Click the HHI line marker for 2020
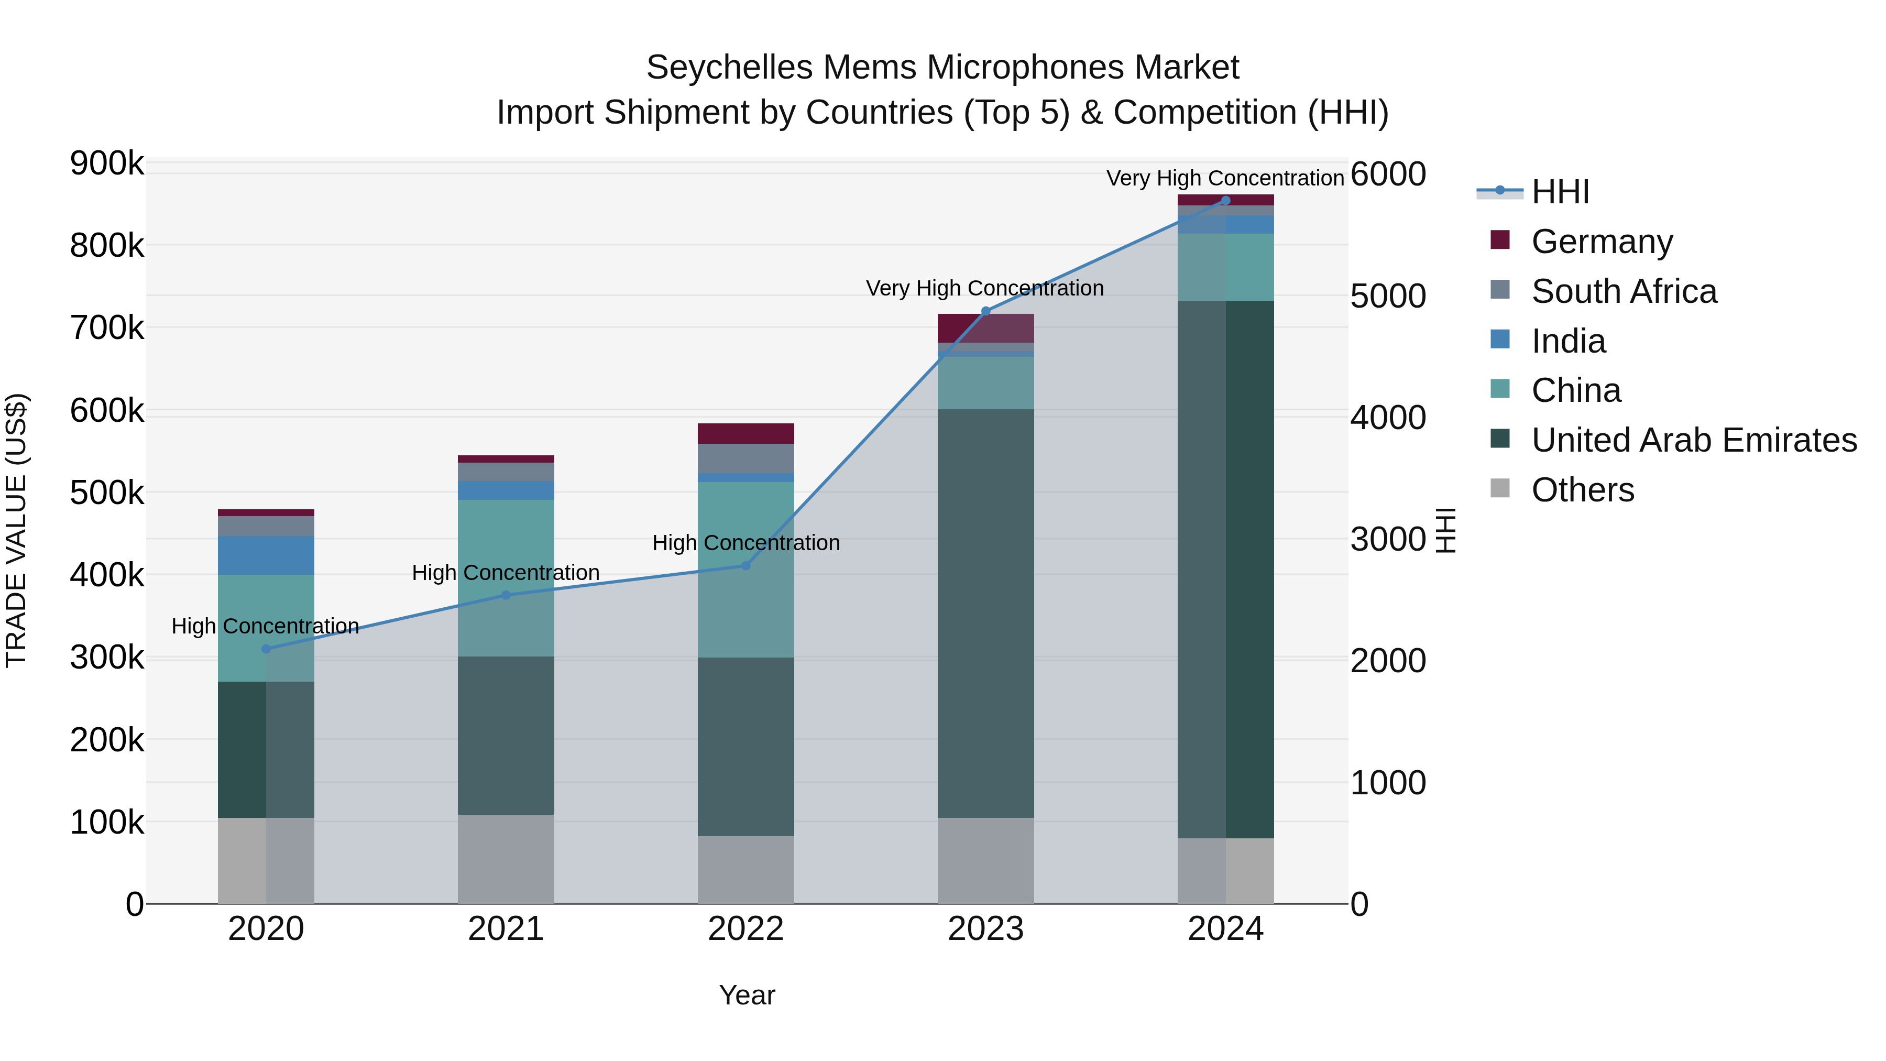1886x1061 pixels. (x=266, y=649)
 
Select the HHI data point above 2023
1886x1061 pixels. (x=985, y=311)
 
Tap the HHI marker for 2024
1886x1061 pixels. (x=1225, y=201)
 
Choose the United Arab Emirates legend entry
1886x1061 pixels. (x=1693, y=440)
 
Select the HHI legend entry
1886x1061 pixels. (x=1560, y=192)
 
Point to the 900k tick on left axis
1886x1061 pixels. (x=107, y=163)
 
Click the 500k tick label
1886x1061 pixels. (x=107, y=493)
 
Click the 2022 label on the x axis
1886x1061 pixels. (x=745, y=929)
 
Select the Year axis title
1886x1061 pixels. (x=747, y=995)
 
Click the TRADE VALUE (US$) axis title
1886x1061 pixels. (x=16, y=530)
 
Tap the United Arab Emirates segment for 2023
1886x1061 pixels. (x=985, y=613)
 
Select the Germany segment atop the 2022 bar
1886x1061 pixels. (x=745, y=433)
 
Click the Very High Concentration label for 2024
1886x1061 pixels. (x=1224, y=178)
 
